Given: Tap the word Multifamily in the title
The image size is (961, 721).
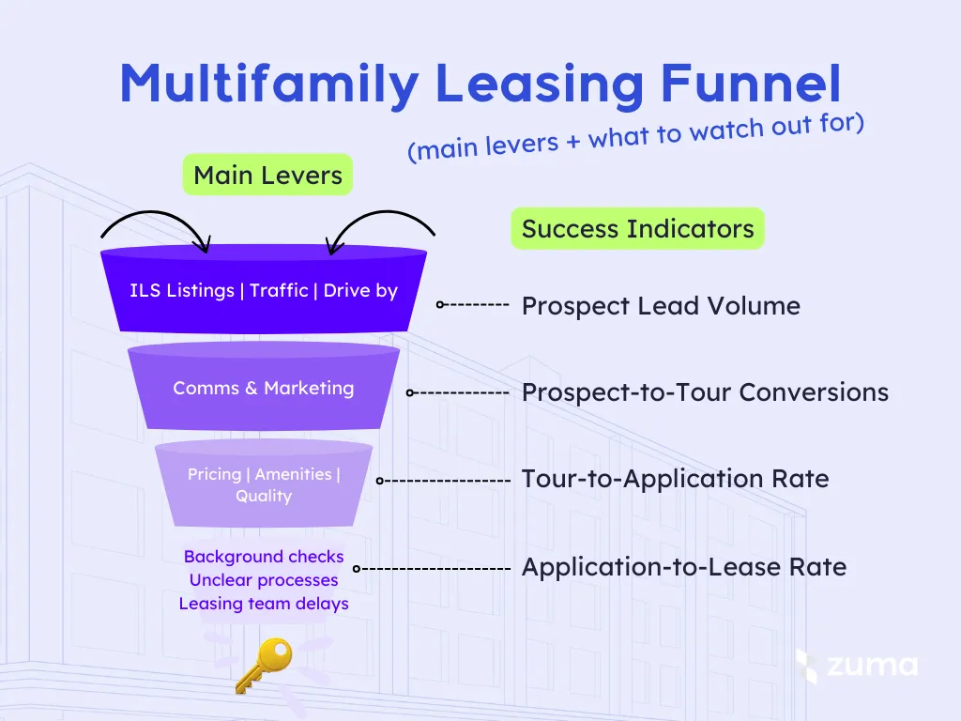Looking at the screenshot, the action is [268, 84].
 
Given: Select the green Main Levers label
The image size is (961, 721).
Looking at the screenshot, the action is [267, 175].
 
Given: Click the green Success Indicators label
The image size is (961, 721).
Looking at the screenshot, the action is [637, 229].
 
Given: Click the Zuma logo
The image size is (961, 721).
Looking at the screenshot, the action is [856, 666].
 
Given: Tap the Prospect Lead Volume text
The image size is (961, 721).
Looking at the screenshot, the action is [661, 306].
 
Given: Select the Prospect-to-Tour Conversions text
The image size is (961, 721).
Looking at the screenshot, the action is [705, 392].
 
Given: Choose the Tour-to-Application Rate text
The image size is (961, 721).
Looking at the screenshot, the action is [675, 479].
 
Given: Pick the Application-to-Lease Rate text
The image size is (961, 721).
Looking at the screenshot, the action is [683, 567].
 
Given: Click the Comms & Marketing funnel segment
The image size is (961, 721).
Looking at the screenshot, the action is [264, 388].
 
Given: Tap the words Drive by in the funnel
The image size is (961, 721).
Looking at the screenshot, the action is [361, 290].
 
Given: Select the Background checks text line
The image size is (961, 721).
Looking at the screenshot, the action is [264, 557].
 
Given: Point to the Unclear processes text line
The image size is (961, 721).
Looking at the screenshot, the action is [264, 580].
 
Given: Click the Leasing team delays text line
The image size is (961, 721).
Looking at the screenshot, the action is [264, 604].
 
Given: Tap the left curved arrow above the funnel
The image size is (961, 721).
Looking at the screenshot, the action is [154, 224].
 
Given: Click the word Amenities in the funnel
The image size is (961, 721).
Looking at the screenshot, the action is [293, 474].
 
